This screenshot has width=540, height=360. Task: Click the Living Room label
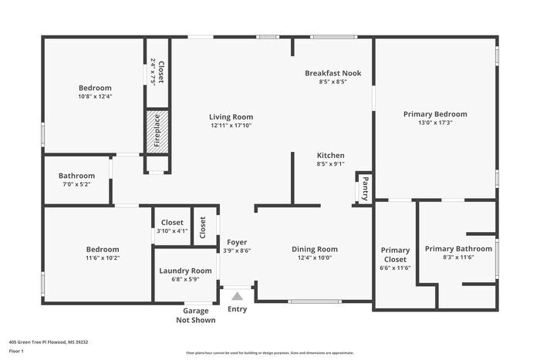[231, 116]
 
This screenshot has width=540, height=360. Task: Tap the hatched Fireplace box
[157, 131]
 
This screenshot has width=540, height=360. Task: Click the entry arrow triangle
[238, 295]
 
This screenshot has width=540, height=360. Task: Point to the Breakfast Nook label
[332, 73]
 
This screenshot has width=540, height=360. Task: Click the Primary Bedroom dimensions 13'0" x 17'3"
[435, 123]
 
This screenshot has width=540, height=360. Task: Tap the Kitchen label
[330, 156]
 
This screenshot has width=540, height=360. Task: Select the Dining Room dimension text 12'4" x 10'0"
[315, 258]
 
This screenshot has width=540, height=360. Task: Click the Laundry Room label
[185, 271]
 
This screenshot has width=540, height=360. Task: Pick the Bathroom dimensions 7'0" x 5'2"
[76, 184]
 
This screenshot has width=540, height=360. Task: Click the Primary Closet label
[396, 254]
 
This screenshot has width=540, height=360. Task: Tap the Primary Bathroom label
[458, 248]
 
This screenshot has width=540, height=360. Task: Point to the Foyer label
[238, 242]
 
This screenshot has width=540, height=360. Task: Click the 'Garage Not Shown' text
[196, 315]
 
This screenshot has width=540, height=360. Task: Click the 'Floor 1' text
[17, 351]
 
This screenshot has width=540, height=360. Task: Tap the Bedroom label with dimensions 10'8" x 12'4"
[95, 88]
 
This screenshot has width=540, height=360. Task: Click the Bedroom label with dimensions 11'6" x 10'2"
[103, 249]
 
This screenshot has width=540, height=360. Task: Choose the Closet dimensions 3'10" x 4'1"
[172, 230]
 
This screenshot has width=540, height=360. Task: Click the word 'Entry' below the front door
[238, 309]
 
